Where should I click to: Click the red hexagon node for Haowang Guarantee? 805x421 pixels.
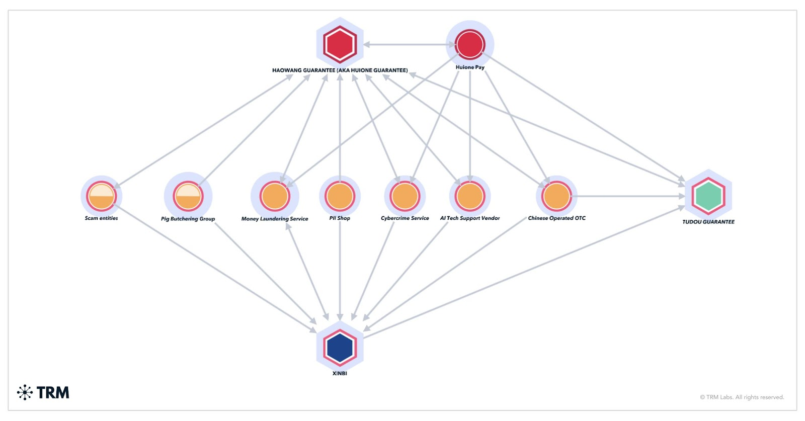click(x=340, y=44)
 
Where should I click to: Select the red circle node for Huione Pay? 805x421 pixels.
click(x=470, y=44)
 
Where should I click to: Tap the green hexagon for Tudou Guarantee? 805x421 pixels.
click(x=708, y=196)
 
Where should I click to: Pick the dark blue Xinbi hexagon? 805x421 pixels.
click(x=340, y=347)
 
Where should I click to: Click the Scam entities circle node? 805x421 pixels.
click(x=102, y=196)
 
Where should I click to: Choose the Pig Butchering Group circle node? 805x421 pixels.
click(x=188, y=196)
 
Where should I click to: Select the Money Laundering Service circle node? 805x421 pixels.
click(x=275, y=196)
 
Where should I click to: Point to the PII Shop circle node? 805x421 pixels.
click(x=340, y=196)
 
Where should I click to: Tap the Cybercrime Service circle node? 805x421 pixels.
click(x=405, y=196)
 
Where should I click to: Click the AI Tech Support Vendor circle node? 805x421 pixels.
click(x=470, y=196)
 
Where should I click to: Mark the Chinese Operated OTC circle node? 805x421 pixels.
click(x=556, y=196)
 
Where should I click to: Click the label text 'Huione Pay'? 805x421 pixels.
click(x=470, y=67)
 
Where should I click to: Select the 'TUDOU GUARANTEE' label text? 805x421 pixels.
click(x=708, y=222)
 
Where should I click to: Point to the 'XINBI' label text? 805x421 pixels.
click(x=340, y=373)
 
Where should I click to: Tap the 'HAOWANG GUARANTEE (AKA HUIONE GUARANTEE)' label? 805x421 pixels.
click(x=340, y=70)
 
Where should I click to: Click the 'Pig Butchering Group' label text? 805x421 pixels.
click(x=188, y=219)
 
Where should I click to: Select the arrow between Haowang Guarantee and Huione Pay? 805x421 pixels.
click(x=408, y=44)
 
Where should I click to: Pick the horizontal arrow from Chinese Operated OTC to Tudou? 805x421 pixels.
click(x=629, y=196)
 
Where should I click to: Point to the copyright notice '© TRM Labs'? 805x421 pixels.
click(x=742, y=397)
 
